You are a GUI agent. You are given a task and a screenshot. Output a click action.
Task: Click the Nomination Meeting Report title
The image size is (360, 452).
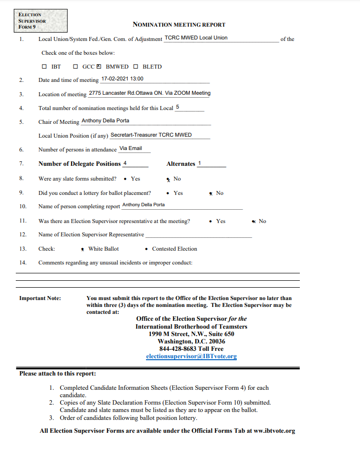pos(179,25)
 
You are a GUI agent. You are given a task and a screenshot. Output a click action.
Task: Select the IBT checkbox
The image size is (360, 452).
pos(44,67)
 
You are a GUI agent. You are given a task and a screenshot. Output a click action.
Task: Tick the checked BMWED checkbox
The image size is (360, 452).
pos(99,67)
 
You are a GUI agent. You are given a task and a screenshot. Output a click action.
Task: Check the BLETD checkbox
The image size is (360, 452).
pos(136,67)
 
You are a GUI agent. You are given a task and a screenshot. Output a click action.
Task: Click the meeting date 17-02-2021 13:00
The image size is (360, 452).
pos(122,79)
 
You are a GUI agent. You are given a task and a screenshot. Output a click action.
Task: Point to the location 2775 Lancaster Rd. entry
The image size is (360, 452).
pos(149,93)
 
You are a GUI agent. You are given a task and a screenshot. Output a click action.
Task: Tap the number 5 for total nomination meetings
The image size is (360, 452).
pos(178,107)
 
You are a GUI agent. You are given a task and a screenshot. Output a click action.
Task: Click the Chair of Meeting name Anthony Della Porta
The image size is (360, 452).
pos(105,121)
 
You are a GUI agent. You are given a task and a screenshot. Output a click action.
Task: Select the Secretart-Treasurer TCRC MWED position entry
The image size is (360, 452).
pos(151,135)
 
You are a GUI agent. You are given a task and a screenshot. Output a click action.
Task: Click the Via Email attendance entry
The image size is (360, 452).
pos(131,149)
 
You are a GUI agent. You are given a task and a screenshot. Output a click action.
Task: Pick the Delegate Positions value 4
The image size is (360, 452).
pos(125,163)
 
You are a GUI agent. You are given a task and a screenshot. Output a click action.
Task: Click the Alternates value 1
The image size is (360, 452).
pos(200,163)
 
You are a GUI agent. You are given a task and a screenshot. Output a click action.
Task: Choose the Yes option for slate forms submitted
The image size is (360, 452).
pos(126,179)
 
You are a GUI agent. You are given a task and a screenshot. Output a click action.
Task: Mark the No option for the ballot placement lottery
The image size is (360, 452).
pos(211,193)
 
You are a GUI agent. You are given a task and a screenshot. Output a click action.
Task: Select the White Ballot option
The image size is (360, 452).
pos(83,249)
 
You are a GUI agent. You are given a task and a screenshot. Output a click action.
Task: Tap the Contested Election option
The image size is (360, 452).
pos(147,249)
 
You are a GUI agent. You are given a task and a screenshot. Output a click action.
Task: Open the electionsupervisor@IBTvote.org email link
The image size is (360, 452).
pos(191,356)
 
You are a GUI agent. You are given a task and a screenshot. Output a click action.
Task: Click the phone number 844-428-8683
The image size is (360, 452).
pos(178,349)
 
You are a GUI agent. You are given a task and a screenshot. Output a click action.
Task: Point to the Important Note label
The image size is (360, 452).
pos(40,298)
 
